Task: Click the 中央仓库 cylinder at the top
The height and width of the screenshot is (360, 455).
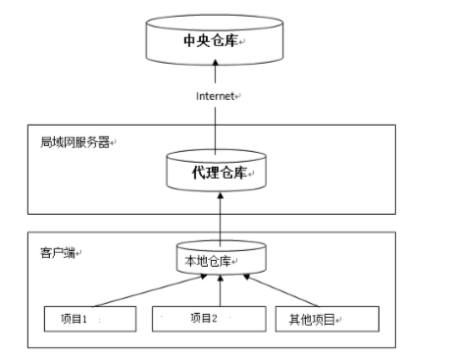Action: click(x=219, y=41)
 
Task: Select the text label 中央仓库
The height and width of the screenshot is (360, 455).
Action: click(x=210, y=41)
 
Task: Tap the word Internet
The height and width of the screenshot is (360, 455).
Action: click(x=215, y=95)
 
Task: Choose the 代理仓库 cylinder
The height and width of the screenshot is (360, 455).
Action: click(x=219, y=172)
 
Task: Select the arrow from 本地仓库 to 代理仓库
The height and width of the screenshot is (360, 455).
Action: click(x=220, y=218)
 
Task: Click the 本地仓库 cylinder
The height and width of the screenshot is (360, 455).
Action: click(x=220, y=260)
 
